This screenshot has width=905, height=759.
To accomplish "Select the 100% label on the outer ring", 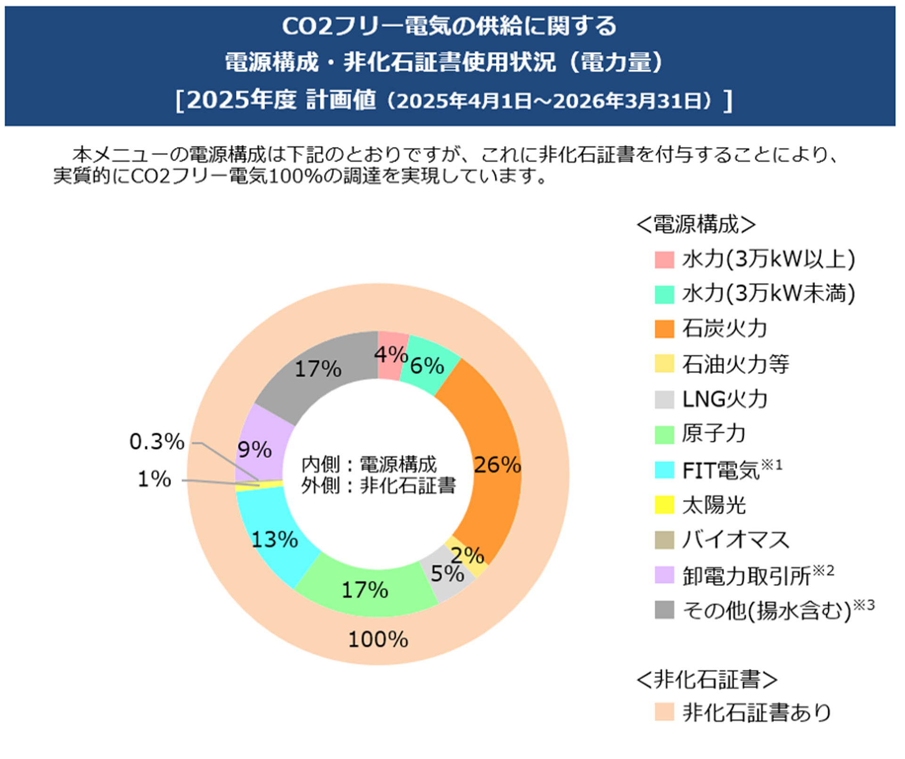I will point(378,639).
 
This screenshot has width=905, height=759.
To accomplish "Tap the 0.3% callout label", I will point(156,442).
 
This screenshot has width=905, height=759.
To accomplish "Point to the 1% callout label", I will point(154,479).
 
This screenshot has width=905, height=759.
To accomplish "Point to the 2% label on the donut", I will point(468,555).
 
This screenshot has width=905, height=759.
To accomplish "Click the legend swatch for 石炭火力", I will point(664,329).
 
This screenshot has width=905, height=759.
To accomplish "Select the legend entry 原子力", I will point(714,434).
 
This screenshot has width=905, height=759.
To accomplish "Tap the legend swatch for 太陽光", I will point(664,505).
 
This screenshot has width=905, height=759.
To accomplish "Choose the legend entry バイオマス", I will point(735,540).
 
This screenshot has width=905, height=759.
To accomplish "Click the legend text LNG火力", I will point(725,399).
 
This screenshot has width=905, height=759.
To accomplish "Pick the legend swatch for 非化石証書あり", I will point(664,712).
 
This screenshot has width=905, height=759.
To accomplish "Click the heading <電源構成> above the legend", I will point(696,225).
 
